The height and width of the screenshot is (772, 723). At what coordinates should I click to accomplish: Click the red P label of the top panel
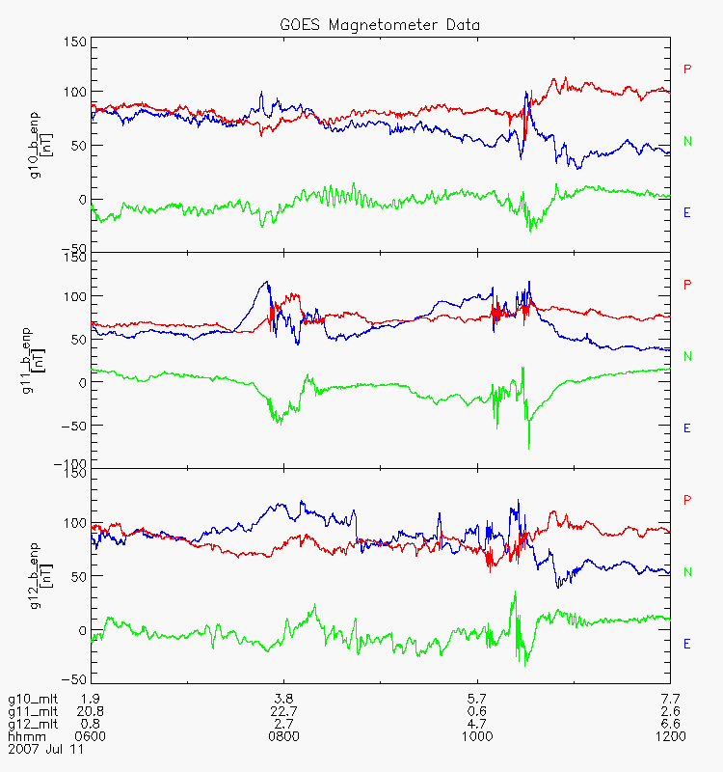[687, 69]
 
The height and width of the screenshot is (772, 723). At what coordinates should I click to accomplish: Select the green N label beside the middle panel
[687, 356]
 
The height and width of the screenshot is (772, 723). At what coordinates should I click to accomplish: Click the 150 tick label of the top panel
[75, 41]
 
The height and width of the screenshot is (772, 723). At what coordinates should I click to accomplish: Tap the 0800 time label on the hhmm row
[283, 736]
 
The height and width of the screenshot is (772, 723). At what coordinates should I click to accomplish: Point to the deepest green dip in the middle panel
[529, 448]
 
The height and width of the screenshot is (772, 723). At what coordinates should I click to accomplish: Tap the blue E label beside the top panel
[686, 212]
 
